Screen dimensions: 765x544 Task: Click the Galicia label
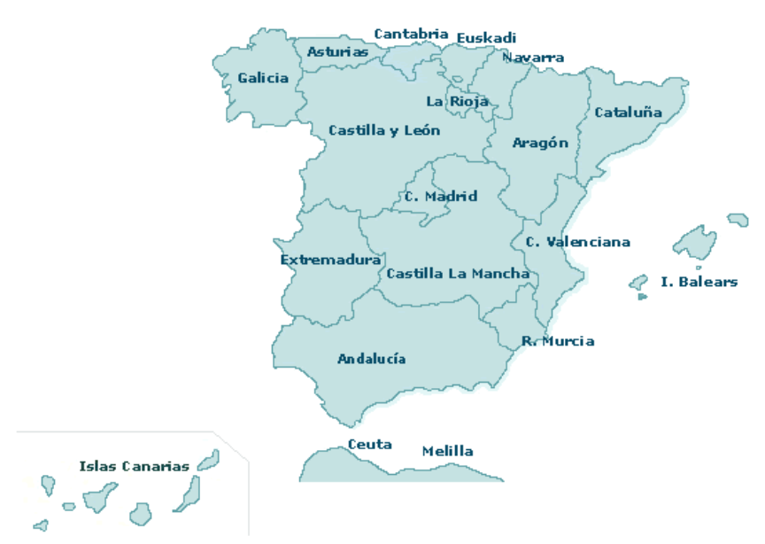(x=263, y=78)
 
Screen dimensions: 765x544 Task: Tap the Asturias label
(x=337, y=51)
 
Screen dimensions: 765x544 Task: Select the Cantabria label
(x=411, y=34)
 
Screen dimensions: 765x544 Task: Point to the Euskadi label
(x=486, y=38)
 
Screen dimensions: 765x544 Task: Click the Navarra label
(x=533, y=58)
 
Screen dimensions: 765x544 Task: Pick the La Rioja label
(x=457, y=101)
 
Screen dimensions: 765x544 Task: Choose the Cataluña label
(x=628, y=113)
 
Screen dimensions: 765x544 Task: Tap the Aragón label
(x=540, y=143)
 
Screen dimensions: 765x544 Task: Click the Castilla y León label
(x=383, y=130)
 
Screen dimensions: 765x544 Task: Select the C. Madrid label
(x=441, y=196)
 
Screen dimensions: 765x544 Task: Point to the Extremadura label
(x=330, y=260)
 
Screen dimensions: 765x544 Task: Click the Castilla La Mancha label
(x=458, y=273)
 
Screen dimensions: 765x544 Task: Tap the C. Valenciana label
(x=577, y=241)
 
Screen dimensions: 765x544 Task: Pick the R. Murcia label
(x=558, y=341)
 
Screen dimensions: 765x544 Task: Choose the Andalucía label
(x=371, y=359)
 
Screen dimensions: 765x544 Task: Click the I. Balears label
(x=699, y=282)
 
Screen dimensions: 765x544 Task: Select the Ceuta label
(x=369, y=444)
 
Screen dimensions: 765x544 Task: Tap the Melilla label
(x=447, y=451)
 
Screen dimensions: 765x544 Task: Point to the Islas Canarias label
(x=134, y=466)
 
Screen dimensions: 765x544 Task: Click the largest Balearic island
(x=695, y=241)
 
